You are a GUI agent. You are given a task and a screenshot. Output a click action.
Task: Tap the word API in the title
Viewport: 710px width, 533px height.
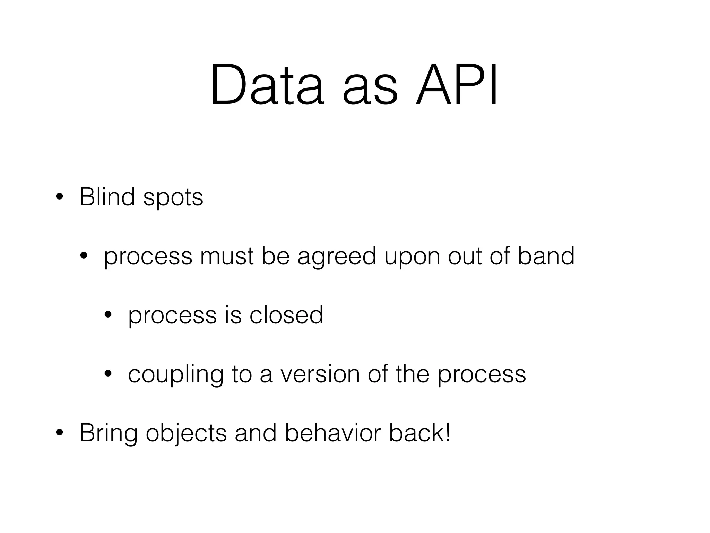coord(457,85)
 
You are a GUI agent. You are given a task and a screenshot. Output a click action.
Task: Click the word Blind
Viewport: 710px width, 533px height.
coord(107,197)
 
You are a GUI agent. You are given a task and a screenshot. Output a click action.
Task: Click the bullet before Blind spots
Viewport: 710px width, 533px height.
coord(59,197)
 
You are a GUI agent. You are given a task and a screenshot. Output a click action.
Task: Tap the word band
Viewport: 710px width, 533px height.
coord(546,256)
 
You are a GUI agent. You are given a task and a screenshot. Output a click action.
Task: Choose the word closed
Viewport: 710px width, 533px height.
coord(286,315)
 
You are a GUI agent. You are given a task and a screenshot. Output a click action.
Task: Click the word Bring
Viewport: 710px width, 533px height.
coord(108,434)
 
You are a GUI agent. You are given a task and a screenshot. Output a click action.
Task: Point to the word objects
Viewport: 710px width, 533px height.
coord(186,434)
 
